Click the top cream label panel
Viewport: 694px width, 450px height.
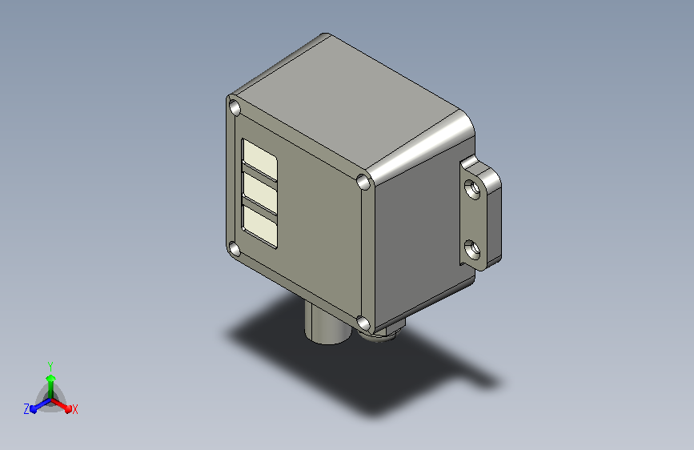(x=260, y=160)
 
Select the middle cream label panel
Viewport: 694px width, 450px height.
(x=260, y=193)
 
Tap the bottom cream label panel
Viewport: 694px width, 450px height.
(x=260, y=226)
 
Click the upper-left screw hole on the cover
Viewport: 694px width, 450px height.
(x=235, y=108)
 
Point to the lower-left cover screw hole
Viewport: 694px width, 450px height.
(x=235, y=250)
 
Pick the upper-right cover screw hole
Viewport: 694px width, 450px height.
(x=363, y=182)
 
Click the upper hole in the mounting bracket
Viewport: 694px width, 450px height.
(x=473, y=189)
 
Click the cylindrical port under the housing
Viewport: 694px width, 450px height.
(x=327, y=324)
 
